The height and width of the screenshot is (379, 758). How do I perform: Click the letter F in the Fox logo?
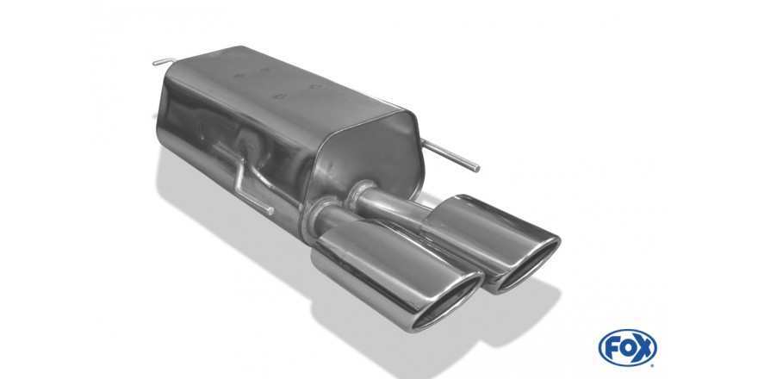pyautogui.click(x=612, y=347)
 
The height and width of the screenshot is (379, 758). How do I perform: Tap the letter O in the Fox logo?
pyautogui.click(x=627, y=347)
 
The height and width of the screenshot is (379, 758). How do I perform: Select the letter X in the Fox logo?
pyautogui.click(x=643, y=347)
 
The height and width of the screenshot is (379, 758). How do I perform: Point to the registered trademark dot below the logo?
pyautogui.click(x=654, y=364)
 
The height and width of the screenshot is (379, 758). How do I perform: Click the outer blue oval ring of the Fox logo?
pyautogui.click(x=627, y=330)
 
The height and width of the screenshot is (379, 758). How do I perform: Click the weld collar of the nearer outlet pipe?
pyautogui.click(x=314, y=219)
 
